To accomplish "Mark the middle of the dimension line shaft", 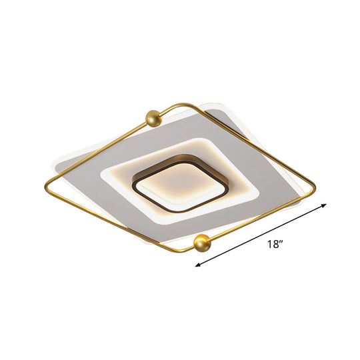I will point(261,236).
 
